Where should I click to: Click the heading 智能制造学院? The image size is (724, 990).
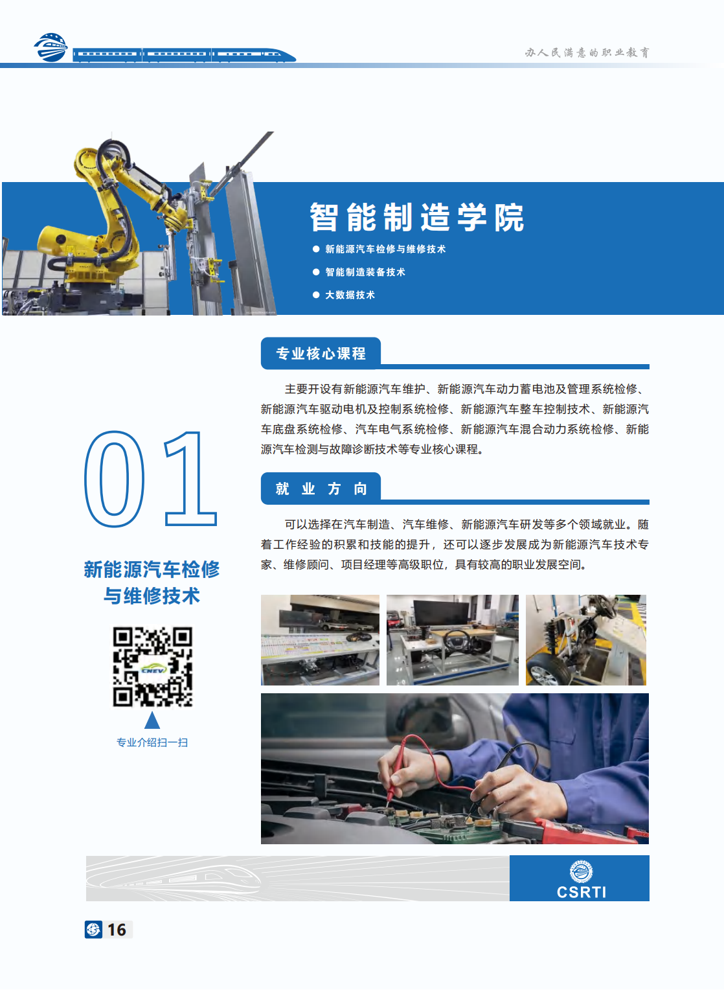[x=416, y=218]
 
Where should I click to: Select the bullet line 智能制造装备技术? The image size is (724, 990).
[x=365, y=272]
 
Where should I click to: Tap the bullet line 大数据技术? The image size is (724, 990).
[x=350, y=295]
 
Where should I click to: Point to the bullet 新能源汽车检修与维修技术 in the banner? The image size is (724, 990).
[x=385, y=249]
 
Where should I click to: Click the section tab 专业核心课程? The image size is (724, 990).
[x=321, y=354]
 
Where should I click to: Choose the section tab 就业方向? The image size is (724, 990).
[x=321, y=489]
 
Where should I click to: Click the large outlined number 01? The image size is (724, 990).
[x=150, y=479]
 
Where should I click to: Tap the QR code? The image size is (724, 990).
[x=152, y=666]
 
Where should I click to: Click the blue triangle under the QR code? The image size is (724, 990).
[x=152, y=720]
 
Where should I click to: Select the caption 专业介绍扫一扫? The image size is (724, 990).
[x=152, y=742]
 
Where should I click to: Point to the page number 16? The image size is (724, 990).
[x=117, y=930]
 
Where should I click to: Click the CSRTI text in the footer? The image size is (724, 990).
[x=581, y=892]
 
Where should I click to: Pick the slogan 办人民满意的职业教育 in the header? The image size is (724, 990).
[x=587, y=52]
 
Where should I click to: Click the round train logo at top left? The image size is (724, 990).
[x=51, y=47]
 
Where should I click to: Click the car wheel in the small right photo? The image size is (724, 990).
[x=546, y=674]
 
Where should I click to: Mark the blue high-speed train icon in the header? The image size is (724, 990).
[x=184, y=55]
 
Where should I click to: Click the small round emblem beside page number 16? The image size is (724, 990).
[x=93, y=930]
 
